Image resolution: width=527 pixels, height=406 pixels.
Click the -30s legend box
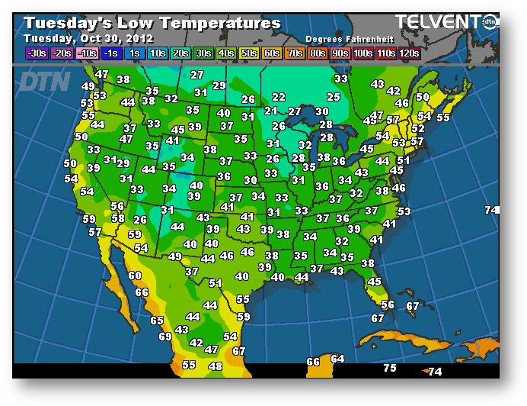pos(36,53)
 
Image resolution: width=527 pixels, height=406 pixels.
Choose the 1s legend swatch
pos(134,53)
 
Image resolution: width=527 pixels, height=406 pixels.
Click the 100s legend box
pos(362,53)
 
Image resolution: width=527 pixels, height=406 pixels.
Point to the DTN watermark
pos(44,81)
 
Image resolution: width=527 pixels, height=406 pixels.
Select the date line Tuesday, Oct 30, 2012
pos(88,38)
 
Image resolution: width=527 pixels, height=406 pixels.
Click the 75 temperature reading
pos(390,368)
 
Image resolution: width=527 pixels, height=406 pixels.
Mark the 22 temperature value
pos(279,97)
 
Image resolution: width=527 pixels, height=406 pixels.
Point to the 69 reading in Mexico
pos(165,337)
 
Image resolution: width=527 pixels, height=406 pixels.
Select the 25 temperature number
pos(333,97)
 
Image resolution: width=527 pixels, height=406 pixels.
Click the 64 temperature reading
pos(337,359)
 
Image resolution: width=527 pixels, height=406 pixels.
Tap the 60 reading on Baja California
pos(135,276)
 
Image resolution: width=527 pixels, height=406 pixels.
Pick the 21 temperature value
pos(271,111)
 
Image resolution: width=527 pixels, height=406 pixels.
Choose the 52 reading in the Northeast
pos(417,129)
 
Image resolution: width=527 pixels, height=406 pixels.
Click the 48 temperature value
pos(216,366)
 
